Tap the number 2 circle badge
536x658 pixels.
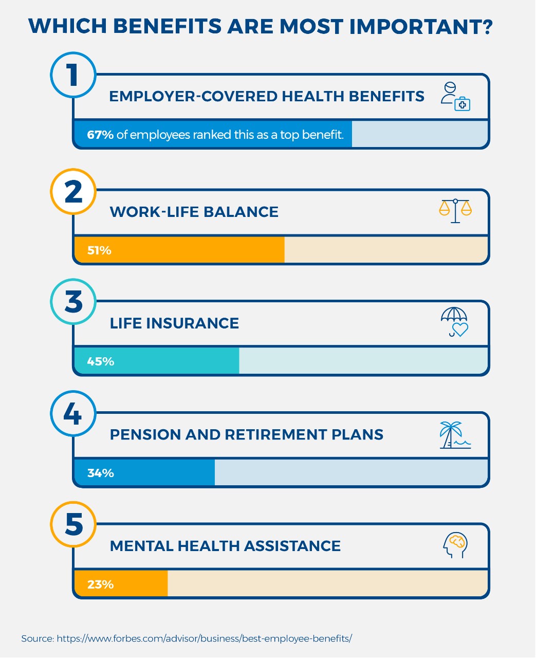point(73,191)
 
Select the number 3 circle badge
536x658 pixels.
point(73,302)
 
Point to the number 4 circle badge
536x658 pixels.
point(73,413)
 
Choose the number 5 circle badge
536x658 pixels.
point(73,524)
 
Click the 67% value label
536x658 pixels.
point(100,135)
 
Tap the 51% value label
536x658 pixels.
point(99,250)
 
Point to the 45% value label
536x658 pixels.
point(100,361)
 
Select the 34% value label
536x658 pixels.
point(100,473)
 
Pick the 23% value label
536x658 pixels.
point(100,584)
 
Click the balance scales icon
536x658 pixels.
point(455,211)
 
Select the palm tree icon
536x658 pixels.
point(455,435)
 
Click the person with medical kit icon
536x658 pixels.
point(455,96)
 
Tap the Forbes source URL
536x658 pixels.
point(204,638)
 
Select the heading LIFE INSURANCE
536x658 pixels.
point(174,323)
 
